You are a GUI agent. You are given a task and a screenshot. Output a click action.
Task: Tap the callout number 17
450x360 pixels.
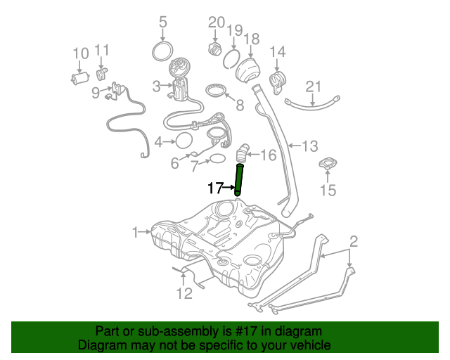click(x=214, y=188)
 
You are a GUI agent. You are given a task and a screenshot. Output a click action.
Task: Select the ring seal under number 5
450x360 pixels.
click(x=163, y=51)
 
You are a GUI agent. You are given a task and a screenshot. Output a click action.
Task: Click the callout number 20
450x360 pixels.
click(x=216, y=22)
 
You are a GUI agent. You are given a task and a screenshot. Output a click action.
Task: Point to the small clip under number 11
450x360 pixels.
click(x=102, y=72)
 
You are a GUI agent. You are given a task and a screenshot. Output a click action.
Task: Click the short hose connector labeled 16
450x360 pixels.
click(x=243, y=152)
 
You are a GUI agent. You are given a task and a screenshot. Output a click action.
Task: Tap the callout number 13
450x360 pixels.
click(x=310, y=146)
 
